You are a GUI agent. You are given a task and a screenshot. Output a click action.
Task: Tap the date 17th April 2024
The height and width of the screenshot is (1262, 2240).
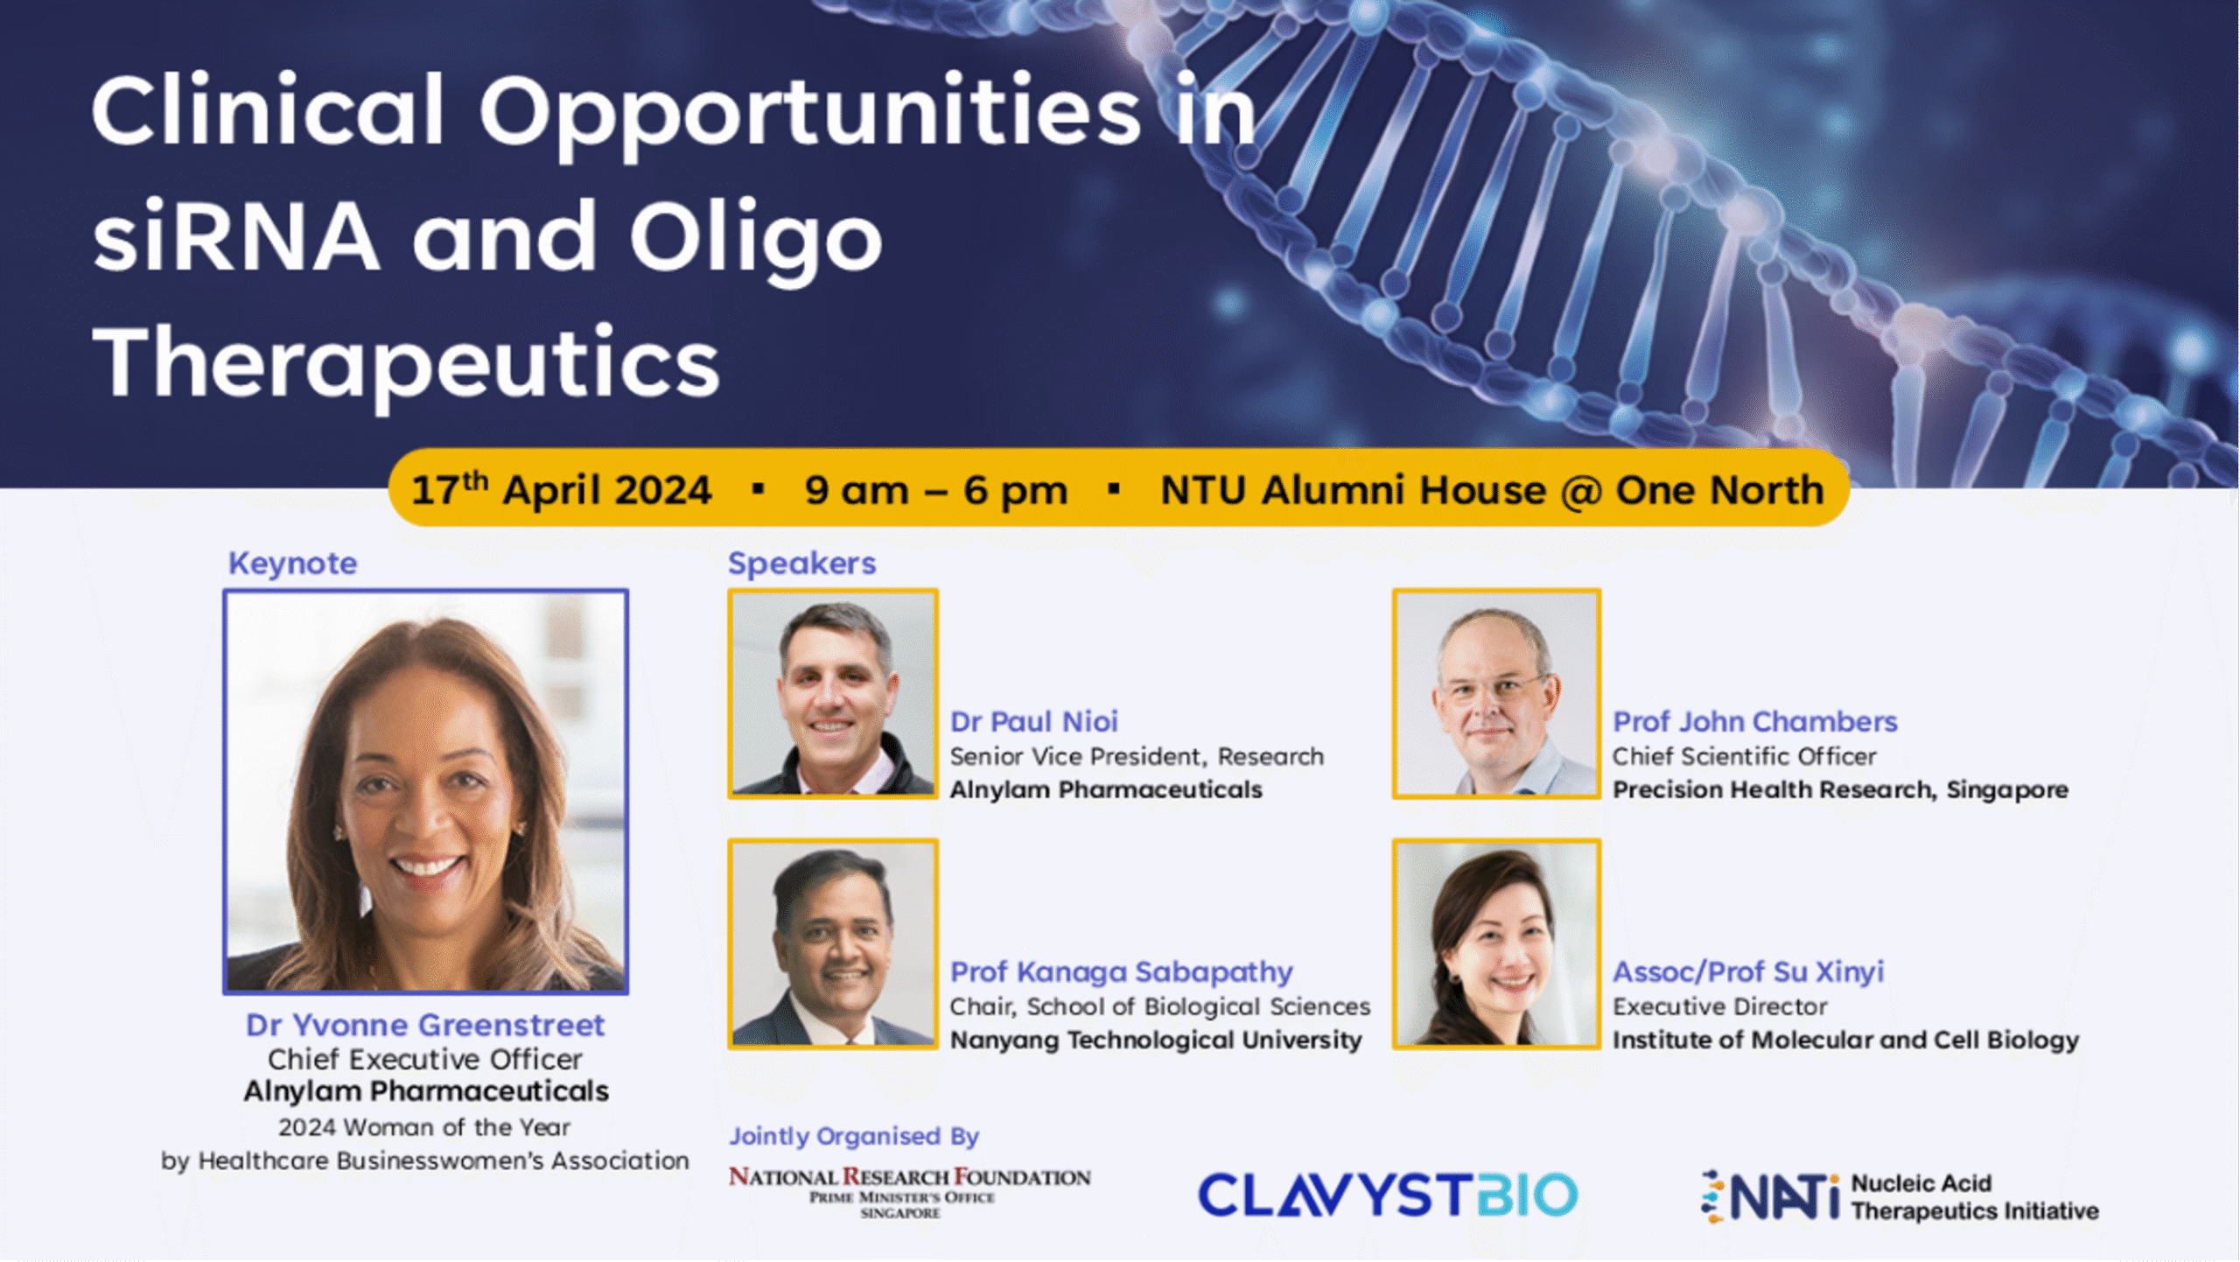pos(561,489)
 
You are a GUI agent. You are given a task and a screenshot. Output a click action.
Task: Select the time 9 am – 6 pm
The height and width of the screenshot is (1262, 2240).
pos(936,490)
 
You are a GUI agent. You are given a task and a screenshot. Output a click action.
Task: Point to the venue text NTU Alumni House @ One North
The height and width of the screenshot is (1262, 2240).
pos(1492,490)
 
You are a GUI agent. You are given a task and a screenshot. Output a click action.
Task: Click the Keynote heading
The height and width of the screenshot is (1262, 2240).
pos(293,563)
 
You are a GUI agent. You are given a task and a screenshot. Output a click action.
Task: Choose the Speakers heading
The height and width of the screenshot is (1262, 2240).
pos(801,563)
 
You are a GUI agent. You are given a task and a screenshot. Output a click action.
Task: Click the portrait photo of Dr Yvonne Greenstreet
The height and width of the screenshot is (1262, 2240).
pos(426,792)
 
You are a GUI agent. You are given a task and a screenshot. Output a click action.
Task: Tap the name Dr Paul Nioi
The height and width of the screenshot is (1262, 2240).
pos(1034,721)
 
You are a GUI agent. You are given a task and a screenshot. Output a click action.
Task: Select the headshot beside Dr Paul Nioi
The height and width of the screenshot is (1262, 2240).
pos(833,694)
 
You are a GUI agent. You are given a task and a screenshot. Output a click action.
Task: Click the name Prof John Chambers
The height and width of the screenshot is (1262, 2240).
pos(1754,721)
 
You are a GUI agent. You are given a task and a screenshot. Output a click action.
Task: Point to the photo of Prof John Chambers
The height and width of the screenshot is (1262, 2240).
pos(1497,694)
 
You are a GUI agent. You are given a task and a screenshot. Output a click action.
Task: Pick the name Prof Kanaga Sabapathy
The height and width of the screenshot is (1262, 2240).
pos(1122,972)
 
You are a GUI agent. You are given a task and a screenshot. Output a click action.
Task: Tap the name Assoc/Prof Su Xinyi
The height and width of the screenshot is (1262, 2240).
pos(1748,972)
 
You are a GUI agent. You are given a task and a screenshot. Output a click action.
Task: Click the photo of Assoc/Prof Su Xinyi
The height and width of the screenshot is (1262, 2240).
pos(1497,944)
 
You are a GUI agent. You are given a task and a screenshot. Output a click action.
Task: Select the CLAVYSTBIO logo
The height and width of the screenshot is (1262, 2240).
pos(1388,1195)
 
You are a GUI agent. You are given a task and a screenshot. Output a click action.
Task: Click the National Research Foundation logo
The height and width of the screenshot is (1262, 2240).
pos(909,1192)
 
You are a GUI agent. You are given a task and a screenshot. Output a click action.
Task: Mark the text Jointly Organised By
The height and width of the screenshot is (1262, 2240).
pos(854,1137)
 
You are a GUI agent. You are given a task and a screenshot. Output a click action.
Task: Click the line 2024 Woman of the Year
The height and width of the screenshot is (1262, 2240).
pos(424,1127)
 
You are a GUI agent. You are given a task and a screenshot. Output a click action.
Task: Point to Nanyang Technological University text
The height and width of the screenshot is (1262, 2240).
pos(1156,1040)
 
